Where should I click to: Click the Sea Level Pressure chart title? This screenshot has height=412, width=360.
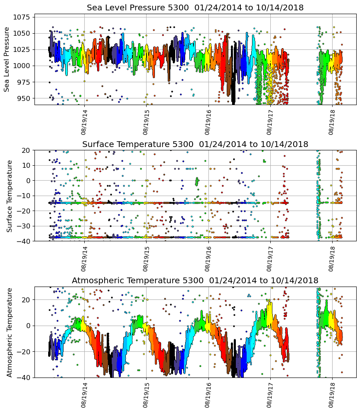click(195, 7)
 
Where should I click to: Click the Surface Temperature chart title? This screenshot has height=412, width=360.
click(195, 144)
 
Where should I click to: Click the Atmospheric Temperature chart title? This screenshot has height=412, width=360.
click(195, 280)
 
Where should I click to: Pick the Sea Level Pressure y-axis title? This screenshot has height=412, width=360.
click(7, 59)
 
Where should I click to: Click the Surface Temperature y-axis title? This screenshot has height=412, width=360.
click(9, 196)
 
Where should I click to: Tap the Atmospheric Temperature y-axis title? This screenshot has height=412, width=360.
click(9, 332)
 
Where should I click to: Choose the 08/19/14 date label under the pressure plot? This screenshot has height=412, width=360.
click(84, 122)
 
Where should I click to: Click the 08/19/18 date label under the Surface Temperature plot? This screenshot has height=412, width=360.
click(332, 258)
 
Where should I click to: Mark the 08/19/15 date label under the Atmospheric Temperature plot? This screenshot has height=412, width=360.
click(146, 395)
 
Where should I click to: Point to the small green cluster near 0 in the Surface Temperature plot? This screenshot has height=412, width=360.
click(197, 181)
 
